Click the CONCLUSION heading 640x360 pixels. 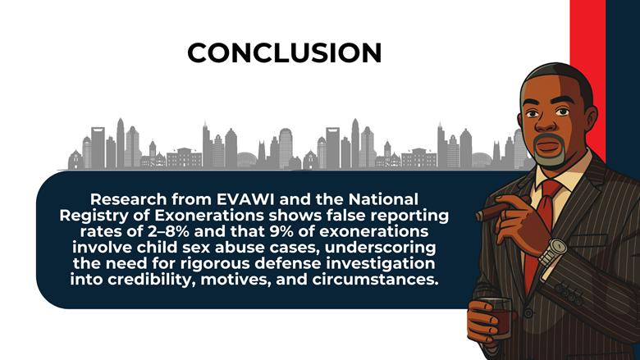point(284,52)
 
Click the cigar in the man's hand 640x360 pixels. point(493,212)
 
